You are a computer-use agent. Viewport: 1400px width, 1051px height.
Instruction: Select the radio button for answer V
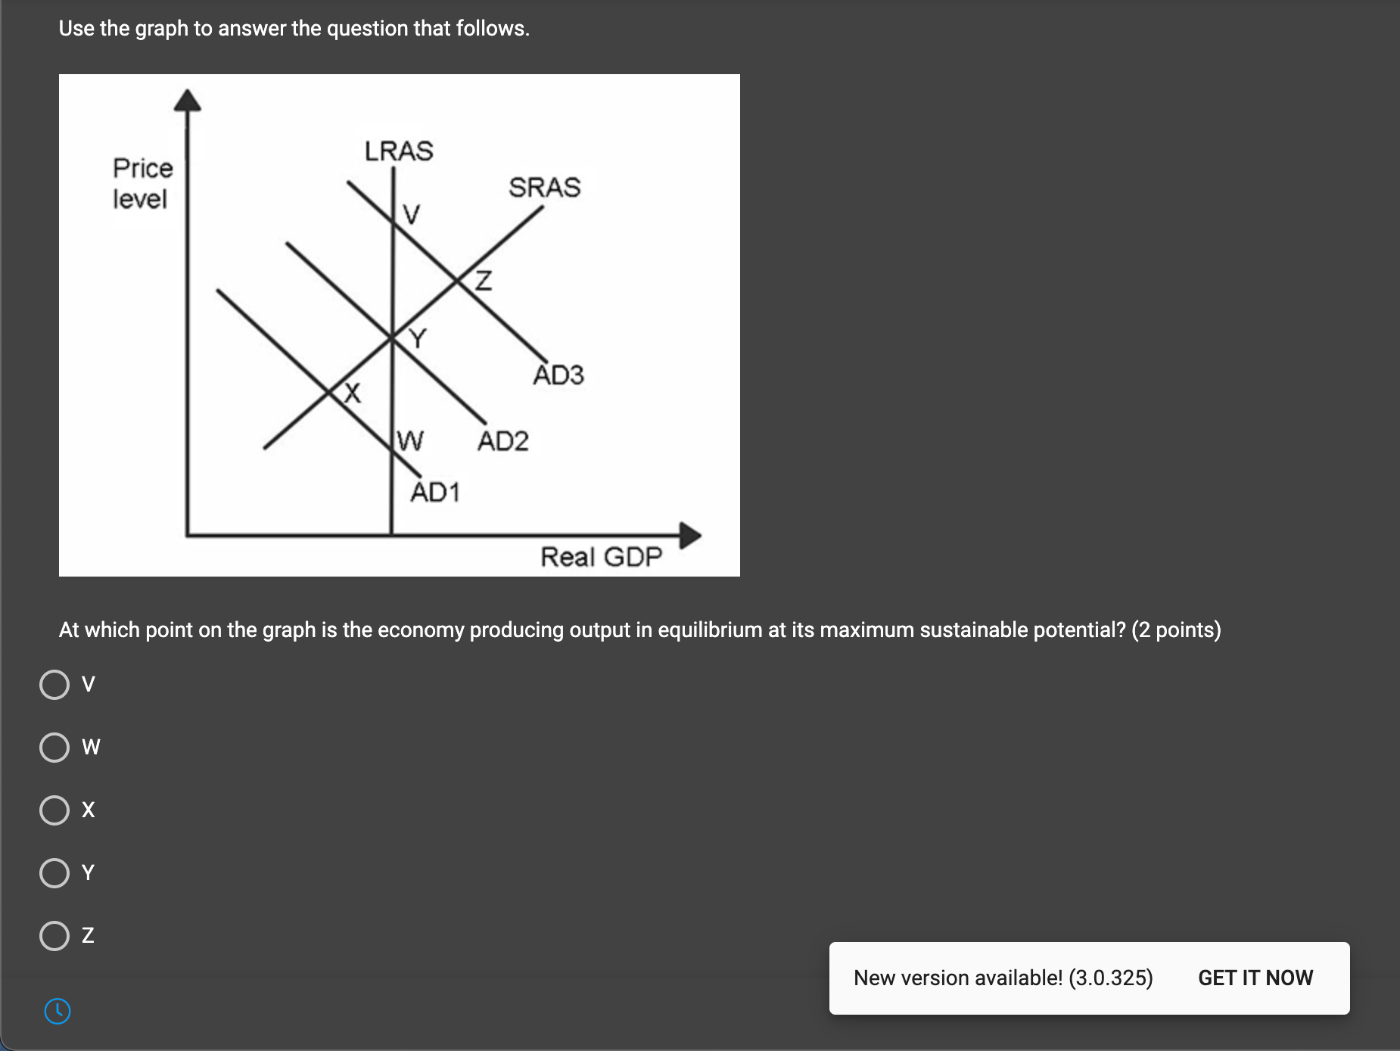54,685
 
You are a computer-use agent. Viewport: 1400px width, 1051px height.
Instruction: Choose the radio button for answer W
54,748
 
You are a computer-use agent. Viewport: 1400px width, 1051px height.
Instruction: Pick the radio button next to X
54,810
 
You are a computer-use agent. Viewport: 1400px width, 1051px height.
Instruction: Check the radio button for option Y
54,873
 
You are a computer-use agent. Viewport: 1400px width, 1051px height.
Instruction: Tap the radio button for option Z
54,936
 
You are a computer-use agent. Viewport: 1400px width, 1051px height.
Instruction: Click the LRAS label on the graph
399,151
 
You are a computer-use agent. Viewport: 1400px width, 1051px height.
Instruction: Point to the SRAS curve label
544,188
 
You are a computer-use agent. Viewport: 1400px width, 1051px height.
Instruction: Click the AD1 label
435,493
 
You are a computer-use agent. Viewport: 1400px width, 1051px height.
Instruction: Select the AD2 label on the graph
502,441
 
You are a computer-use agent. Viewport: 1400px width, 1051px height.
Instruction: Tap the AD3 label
558,375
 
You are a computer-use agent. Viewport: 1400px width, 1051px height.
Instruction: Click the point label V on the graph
411,215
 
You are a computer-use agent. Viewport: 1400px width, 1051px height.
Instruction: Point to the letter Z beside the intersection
483,281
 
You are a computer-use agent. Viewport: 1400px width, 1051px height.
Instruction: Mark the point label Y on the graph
418,338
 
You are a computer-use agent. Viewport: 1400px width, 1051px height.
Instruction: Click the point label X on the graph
352,393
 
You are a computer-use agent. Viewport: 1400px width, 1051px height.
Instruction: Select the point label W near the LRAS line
410,440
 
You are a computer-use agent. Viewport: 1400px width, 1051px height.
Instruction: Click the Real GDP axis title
601,558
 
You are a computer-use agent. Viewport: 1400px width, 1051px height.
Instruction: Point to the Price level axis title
142,184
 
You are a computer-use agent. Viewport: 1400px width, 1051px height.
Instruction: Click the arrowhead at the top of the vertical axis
188,101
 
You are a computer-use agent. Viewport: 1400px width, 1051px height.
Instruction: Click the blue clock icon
58,1011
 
